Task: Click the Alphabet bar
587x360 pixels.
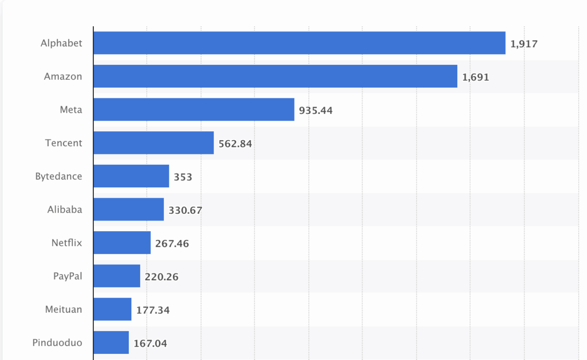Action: (x=299, y=43)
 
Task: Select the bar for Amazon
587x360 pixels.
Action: (x=275, y=76)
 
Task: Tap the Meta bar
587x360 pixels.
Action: (x=194, y=110)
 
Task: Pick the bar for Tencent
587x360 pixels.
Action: (x=153, y=143)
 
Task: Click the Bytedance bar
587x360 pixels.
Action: (x=131, y=176)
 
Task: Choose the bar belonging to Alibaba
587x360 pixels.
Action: (x=128, y=210)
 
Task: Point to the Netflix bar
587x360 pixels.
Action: (x=122, y=243)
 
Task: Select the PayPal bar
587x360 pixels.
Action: (x=117, y=276)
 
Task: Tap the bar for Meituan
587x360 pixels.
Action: (x=112, y=310)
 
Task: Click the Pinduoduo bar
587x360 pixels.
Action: (x=111, y=342)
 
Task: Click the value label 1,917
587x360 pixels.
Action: (x=524, y=44)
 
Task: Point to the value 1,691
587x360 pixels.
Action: (x=475, y=77)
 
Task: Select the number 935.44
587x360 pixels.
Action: (x=316, y=111)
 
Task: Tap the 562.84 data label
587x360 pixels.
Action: (x=235, y=144)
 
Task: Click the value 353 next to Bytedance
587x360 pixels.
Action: (x=183, y=177)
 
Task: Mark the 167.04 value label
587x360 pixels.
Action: (x=150, y=344)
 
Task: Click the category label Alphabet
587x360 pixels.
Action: (x=61, y=43)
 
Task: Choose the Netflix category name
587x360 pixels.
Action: (x=66, y=243)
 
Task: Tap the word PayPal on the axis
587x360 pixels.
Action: (x=67, y=276)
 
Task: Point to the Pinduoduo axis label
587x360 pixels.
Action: (x=57, y=342)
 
